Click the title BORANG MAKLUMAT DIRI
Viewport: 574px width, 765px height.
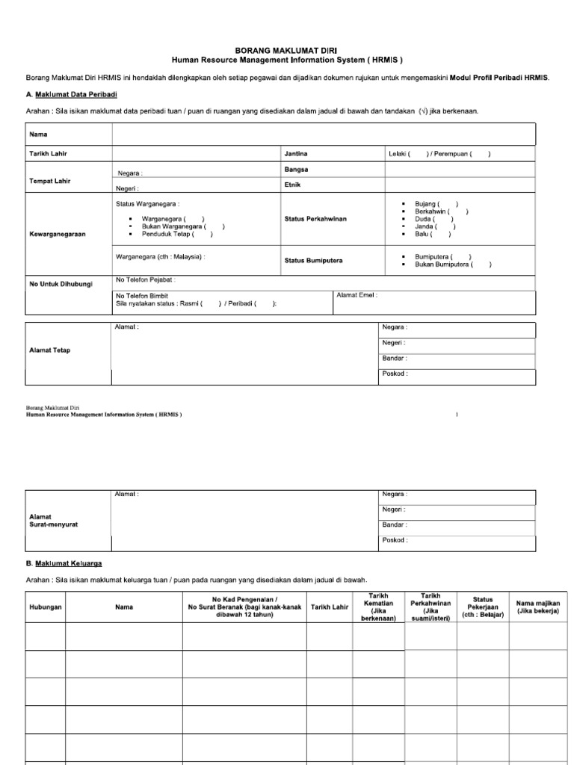[287, 49]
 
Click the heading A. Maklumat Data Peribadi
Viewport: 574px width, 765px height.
[72, 94]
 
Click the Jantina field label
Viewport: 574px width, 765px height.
[296, 153]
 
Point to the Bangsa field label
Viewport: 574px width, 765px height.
[297, 170]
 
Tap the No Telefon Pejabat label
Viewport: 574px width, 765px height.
[146, 280]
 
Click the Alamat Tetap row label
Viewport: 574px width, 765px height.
[50, 350]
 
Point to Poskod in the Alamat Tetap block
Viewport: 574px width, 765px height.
[395, 374]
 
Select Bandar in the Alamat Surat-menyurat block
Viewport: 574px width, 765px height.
[395, 524]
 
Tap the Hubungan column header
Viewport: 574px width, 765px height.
[46, 607]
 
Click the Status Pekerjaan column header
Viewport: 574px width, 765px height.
[483, 607]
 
